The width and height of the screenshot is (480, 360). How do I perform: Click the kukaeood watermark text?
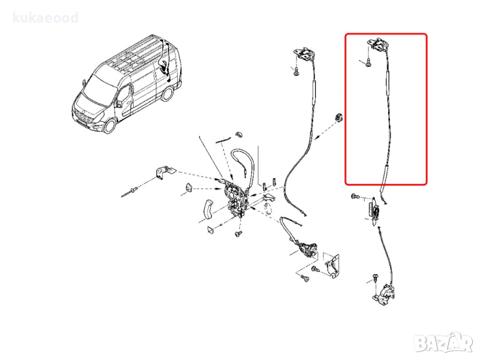(46, 18)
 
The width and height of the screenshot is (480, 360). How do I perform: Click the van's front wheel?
(109, 125)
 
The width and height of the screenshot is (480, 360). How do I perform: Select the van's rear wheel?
(167, 94)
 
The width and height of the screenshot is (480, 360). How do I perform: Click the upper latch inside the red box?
(378, 44)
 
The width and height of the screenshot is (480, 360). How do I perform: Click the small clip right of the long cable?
(339, 117)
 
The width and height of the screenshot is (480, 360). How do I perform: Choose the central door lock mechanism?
(236, 199)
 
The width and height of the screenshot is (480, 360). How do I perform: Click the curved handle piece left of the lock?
(208, 209)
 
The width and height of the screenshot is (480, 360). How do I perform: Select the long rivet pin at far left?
(130, 191)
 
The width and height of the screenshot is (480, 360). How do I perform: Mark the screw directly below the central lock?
(238, 234)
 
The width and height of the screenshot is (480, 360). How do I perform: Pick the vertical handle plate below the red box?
(374, 211)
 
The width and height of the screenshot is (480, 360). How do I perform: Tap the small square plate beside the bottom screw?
(211, 229)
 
